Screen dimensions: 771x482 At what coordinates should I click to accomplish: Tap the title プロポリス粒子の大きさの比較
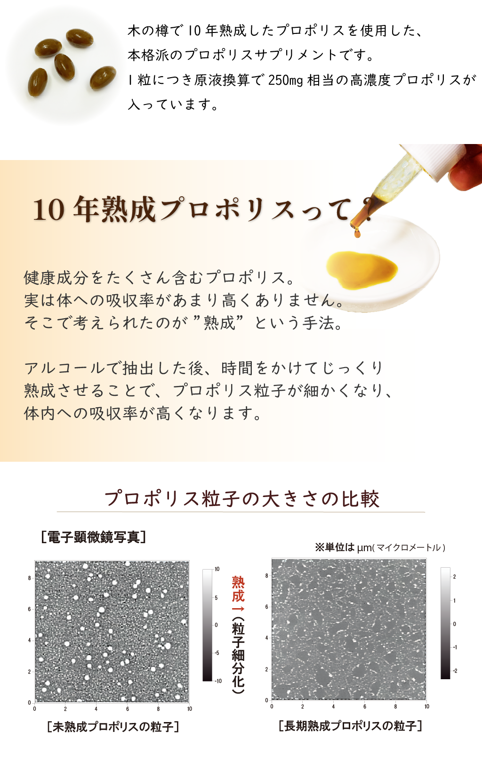coord(241,499)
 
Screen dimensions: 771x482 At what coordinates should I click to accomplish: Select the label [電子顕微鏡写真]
coord(93,537)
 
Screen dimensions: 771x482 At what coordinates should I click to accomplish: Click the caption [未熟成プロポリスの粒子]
coord(113,727)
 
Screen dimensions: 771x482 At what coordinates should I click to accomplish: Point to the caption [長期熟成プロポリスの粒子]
coord(350,726)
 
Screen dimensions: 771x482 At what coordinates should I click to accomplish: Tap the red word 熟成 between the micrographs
coord(238,589)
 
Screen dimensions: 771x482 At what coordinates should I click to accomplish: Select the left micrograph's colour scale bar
coord(207,625)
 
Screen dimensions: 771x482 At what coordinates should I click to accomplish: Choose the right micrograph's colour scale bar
coord(445,623)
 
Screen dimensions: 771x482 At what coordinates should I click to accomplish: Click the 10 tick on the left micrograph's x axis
coord(190,709)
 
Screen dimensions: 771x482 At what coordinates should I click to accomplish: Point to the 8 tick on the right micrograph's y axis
coord(266,576)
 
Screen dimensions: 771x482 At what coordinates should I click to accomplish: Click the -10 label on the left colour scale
coord(218,681)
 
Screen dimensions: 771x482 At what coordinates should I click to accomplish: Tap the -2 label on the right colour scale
coord(455,671)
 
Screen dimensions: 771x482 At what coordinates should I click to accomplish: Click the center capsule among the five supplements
coord(64,66)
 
